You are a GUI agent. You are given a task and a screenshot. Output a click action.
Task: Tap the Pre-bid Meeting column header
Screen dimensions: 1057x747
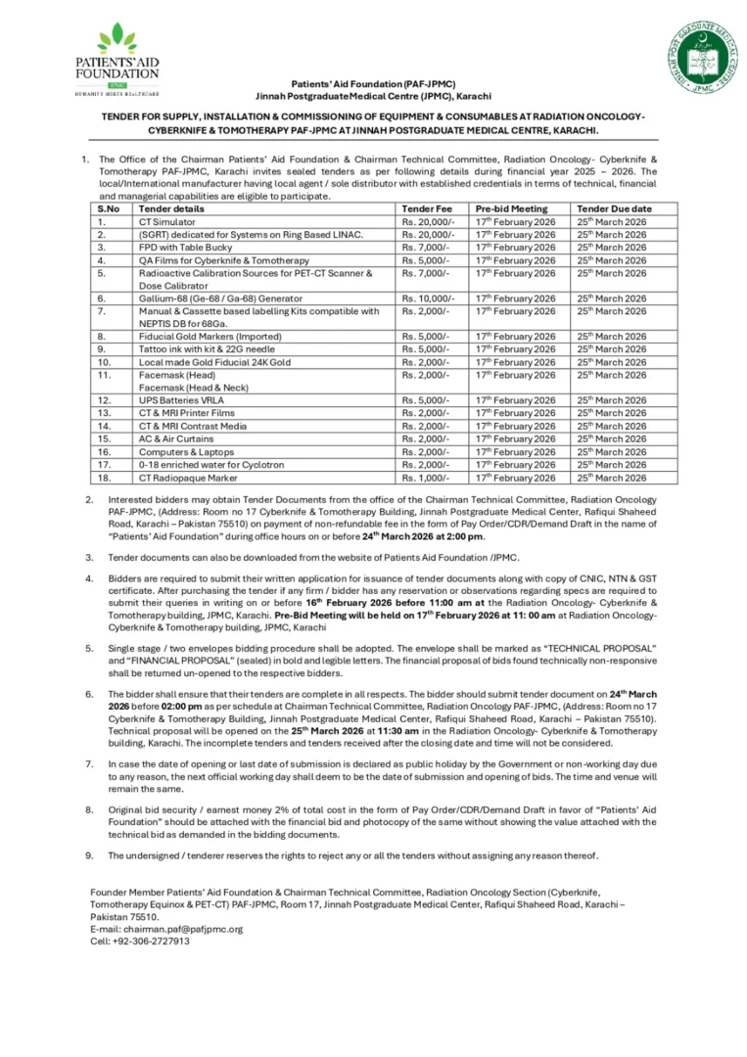(x=510, y=208)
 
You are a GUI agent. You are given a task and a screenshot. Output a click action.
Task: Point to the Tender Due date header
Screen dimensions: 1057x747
(x=613, y=208)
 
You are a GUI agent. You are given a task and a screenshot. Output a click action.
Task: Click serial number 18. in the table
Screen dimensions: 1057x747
(x=102, y=478)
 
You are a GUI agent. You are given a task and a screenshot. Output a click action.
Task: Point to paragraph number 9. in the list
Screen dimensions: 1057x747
(x=89, y=855)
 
